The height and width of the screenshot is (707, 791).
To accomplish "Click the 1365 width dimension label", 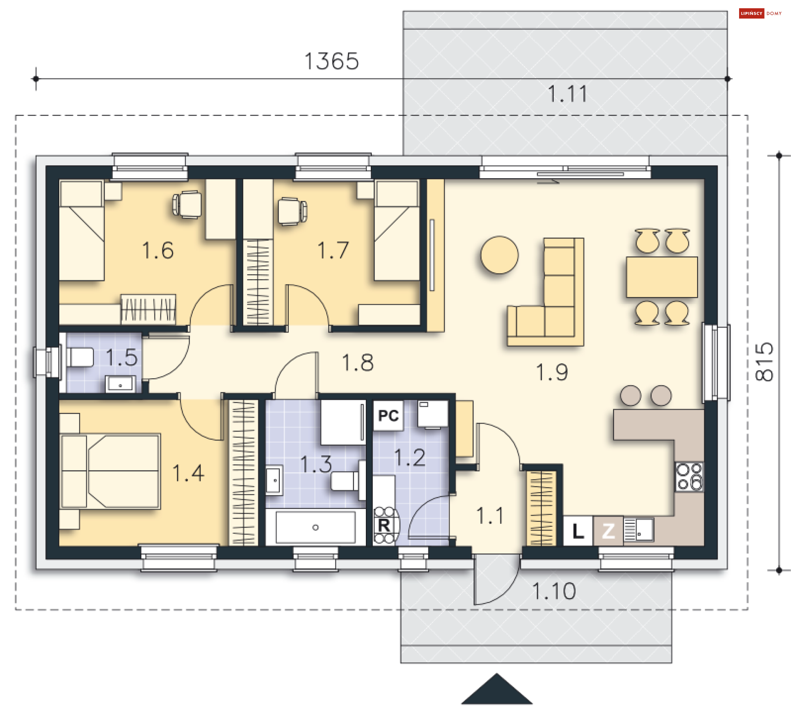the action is pyautogui.click(x=332, y=61).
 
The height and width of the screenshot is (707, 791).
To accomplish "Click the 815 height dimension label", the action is pyautogui.click(x=765, y=362).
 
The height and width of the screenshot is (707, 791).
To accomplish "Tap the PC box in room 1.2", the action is pyautogui.click(x=388, y=416).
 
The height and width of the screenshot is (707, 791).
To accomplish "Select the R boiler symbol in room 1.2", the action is pyautogui.click(x=384, y=525).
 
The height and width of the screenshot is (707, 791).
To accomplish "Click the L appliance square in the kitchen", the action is pyautogui.click(x=578, y=531).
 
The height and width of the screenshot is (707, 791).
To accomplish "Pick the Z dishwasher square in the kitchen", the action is pyautogui.click(x=608, y=531).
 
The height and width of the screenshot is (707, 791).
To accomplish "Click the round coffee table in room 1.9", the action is pyautogui.click(x=499, y=255).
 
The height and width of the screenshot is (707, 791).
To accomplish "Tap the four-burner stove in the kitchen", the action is pyautogui.click(x=689, y=477).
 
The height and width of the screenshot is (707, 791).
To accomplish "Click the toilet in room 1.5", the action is pyautogui.click(x=80, y=357).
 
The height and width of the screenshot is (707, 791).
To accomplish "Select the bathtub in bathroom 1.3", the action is pyautogui.click(x=316, y=527).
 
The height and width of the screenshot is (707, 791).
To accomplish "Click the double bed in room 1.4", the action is pyautogui.click(x=110, y=471).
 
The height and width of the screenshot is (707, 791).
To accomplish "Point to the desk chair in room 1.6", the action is pyautogui.click(x=187, y=204).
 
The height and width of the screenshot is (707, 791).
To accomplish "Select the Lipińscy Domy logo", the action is pyautogui.click(x=761, y=14).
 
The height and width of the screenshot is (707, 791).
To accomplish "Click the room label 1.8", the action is pyautogui.click(x=358, y=363).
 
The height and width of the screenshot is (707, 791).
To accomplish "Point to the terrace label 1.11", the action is pyautogui.click(x=567, y=94).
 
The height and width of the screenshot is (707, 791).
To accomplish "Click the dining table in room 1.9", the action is pyautogui.click(x=662, y=277).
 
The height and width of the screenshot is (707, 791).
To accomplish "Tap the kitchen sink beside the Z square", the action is pyautogui.click(x=639, y=529).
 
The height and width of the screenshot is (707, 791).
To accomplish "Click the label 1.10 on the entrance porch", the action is pyautogui.click(x=554, y=591).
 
